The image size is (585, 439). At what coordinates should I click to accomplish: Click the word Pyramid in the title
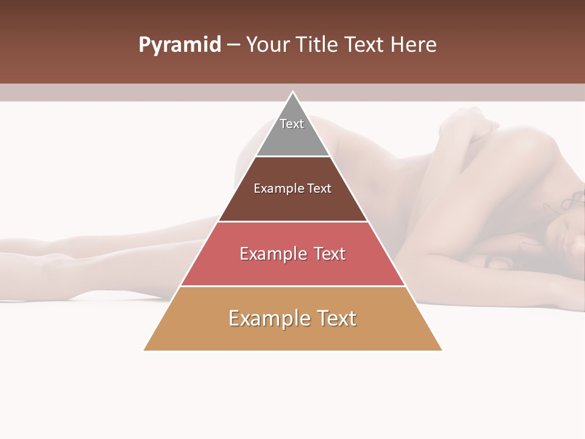[x=180, y=45]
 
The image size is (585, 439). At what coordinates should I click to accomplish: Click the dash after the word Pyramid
[x=233, y=45]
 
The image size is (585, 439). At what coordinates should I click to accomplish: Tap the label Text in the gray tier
[x=292, y=124]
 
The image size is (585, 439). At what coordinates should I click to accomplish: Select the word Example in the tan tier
[x=268, y=318]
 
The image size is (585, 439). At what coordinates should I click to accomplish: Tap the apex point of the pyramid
[x=292, y=92]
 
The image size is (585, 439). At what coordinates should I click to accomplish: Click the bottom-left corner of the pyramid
[x=144, y=350]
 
